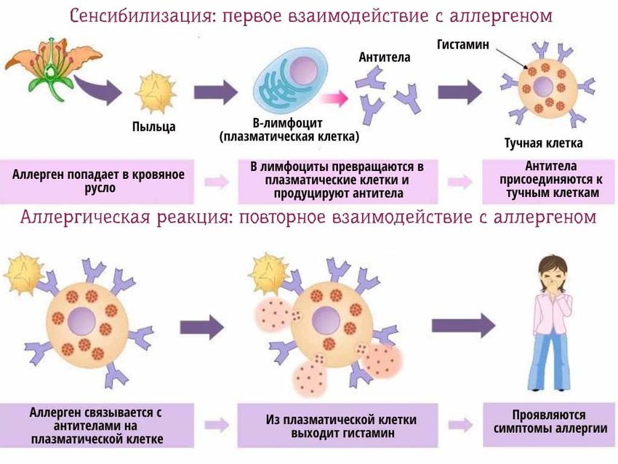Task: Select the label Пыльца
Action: click(153, 127)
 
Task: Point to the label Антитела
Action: click(384, 57)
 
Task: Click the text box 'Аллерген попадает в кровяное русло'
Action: click(98, 181)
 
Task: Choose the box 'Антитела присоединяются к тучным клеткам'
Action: click(550, 180)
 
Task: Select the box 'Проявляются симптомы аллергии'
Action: click(550, 421)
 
